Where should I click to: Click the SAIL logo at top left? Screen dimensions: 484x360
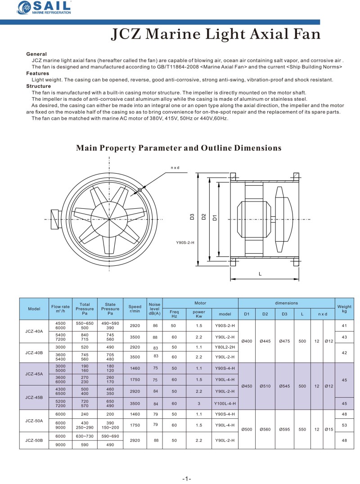pos(45,8)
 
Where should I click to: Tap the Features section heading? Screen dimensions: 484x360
pos(37,73)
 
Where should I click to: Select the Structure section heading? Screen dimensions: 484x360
pos(38,86)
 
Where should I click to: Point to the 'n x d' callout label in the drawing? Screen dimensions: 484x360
pos(175,168)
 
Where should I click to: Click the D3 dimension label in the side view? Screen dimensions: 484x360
pos(192,217)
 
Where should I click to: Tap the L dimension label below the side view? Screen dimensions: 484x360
pos(261,273)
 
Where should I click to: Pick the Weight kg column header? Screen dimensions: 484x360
pos(344,309)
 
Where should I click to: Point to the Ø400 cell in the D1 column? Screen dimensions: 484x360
pos(247,341)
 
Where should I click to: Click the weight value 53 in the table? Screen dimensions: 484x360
pos(344,425)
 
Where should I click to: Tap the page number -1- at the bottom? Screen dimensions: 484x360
pos(187,478)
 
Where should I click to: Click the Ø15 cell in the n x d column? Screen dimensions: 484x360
pos(329,429)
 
